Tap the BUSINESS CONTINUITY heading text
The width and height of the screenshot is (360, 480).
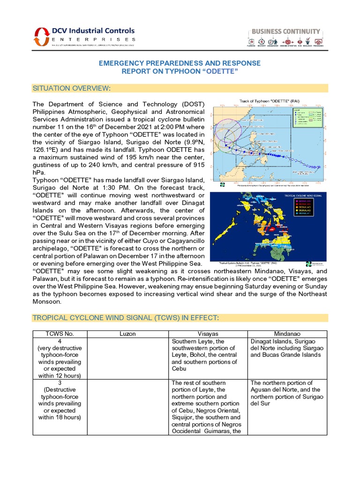(286, 31)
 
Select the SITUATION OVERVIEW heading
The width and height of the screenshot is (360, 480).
(71, 88)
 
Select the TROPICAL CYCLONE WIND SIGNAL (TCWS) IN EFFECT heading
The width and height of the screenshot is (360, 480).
(125, 318)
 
